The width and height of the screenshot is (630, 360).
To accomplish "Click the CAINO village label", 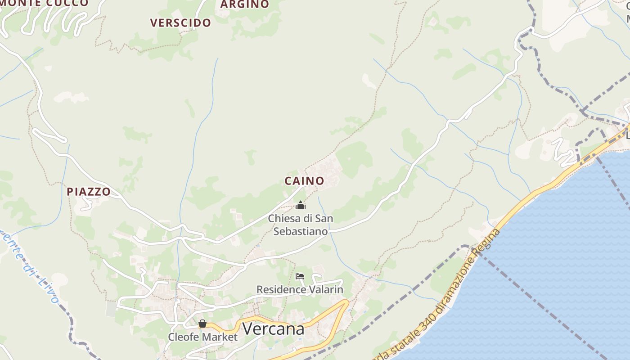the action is (x=304, y=181).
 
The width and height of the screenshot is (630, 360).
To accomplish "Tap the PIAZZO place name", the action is (x=89, y=192).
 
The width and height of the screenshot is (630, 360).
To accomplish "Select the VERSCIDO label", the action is (x=180, y=23).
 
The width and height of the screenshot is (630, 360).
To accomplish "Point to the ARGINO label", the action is (x=245, y=4).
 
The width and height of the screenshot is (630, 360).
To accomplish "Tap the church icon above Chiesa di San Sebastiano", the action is (x=301, y=206).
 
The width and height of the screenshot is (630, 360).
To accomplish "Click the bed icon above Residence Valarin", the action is (x=300, y=276).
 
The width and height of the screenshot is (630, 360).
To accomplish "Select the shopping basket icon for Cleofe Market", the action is (x=202, y=324).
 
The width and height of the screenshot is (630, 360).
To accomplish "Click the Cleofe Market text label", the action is (x=202, y=337).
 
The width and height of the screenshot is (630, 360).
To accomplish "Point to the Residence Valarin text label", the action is (x=300, y=289).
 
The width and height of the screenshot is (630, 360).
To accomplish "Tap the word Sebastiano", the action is (x=301, y=231).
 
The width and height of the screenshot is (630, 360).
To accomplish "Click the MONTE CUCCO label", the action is (x=45, y=3).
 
